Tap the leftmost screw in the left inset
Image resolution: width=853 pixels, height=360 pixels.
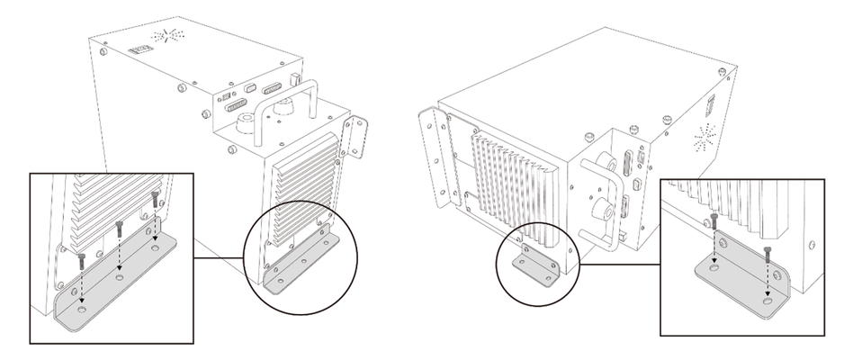79,261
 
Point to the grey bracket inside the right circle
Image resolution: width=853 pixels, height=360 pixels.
535,265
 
